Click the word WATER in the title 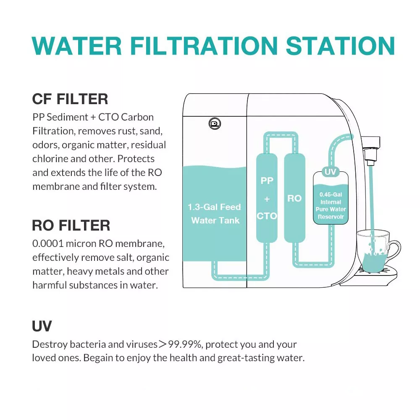77,46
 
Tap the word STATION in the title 340,46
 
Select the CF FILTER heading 70,99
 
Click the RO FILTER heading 71,225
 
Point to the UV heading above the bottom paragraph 42,326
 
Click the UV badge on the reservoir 330,172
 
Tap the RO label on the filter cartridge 294,198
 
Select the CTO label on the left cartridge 267,216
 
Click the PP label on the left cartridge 267,181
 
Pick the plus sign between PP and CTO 267,199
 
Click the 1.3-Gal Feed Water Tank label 215,213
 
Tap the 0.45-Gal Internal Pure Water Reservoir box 331,198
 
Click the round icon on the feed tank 215,123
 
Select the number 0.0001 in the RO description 47,244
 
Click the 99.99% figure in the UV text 184,344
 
